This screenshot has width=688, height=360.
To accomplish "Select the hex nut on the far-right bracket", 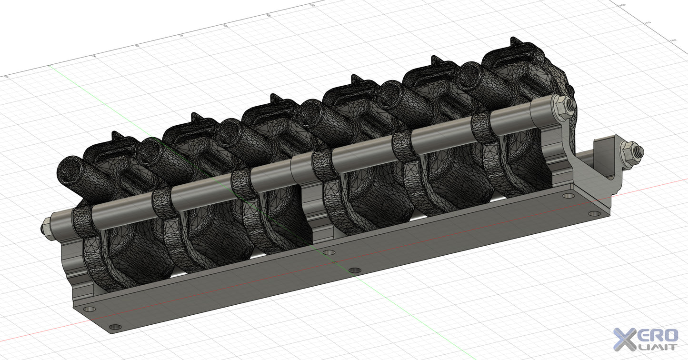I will pyautogui.click(x=632, y=152).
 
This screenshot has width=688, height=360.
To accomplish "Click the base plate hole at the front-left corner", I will pyautogui.click(x=115, y=327).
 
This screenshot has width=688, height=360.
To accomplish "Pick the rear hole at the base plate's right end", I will pyautogui.click(x=568, y=195).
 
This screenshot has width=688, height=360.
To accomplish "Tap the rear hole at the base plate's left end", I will pyautogui.click(x=89, y=309).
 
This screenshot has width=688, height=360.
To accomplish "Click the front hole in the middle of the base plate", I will pyautogui.click(x=354, y=270).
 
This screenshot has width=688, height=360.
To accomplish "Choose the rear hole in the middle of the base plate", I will pyautogui.click(x=329, y=251).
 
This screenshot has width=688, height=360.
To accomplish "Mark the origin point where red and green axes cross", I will pyautogui.click(x=334, y=262).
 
